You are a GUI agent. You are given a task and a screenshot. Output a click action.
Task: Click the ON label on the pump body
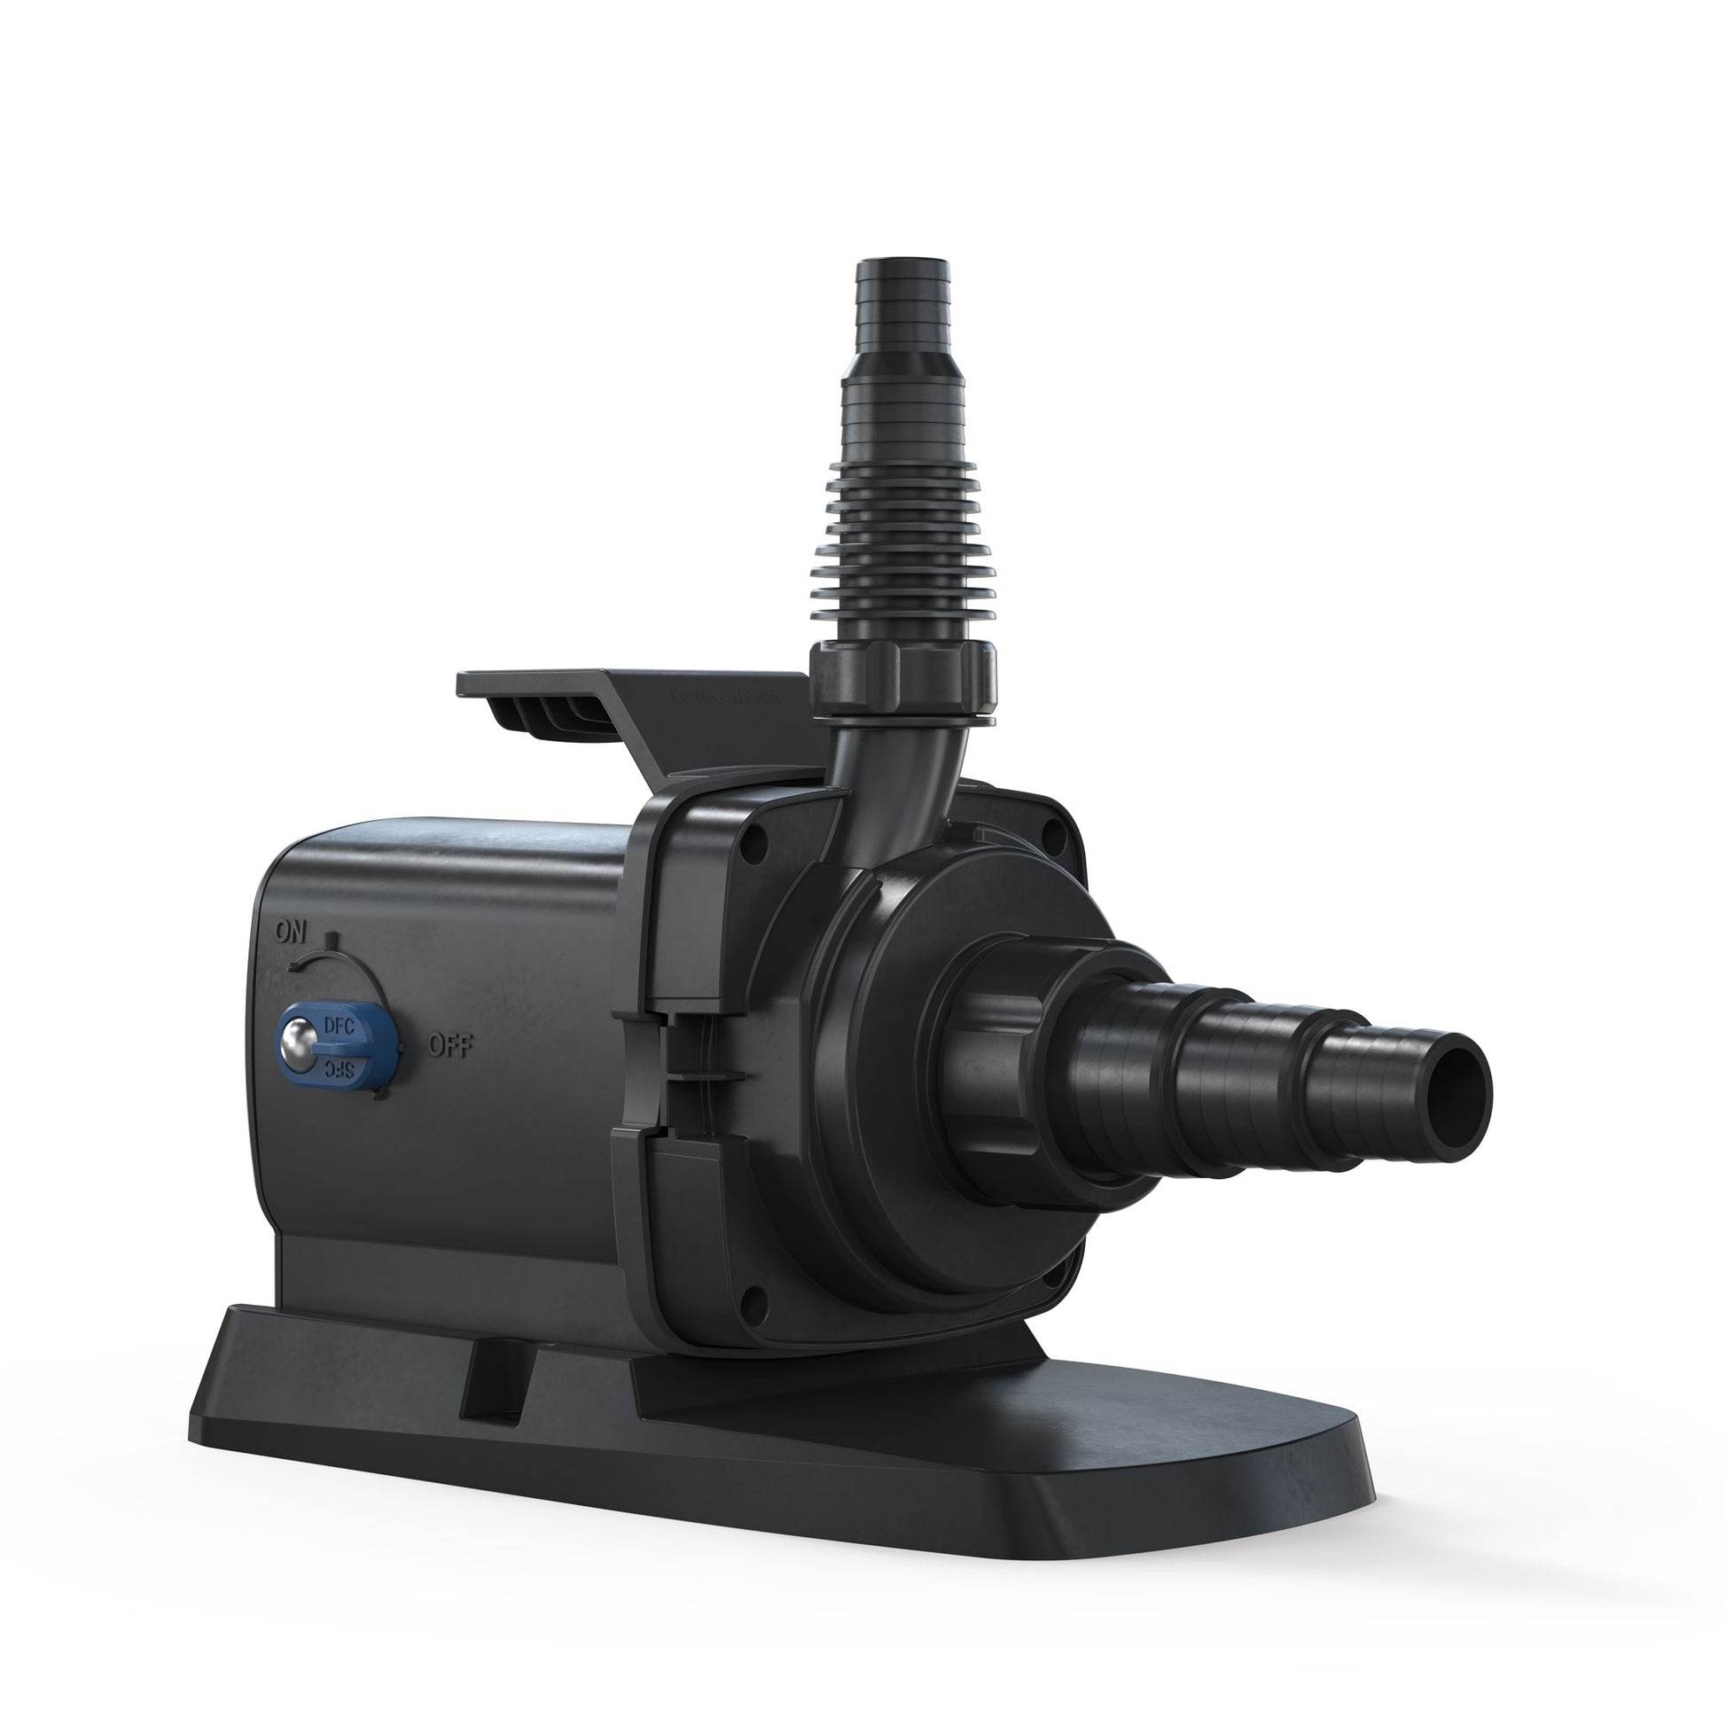point(291,933)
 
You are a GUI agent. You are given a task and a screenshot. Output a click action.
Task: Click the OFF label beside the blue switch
point(451,1044)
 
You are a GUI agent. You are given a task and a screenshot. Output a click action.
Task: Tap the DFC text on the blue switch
point(339,1026)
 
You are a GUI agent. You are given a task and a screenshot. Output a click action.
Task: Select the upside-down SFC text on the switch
point(338,1069)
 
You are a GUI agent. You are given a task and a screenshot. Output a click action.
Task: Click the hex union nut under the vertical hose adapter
point(902,679)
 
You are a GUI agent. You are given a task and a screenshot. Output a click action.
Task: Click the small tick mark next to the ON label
point(331,940)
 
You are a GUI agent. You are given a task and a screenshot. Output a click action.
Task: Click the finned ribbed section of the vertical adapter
point(903,544)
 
